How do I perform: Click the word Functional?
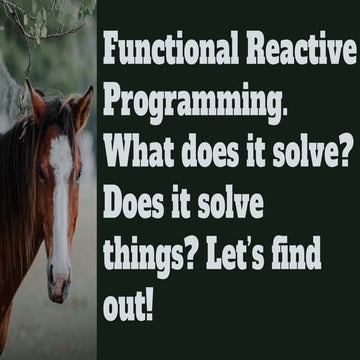pyautogui.click(x=165, y=51)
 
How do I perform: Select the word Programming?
pyautogui.click(x=190, y=104)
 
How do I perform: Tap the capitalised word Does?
pyautogui.click(x=134, y=205)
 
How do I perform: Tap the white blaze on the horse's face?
pyautogui.click(x=60, y=200)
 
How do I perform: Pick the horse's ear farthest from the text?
pyautogui.click(x=36, y=100)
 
